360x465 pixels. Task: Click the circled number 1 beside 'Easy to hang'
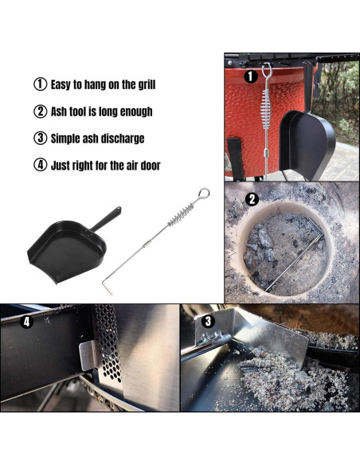pos(39,84)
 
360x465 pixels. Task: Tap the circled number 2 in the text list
pos(39,111)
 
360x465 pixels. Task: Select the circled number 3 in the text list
pos(39,139)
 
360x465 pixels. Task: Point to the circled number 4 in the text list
pos(39,166)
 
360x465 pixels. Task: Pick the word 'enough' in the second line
pos(134,111)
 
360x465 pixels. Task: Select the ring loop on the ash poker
pos(204,193)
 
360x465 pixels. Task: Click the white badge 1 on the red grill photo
pos(250,76)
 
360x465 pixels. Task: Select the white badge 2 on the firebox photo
pos(252,199)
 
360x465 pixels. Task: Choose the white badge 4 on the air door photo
pos(26,322)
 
